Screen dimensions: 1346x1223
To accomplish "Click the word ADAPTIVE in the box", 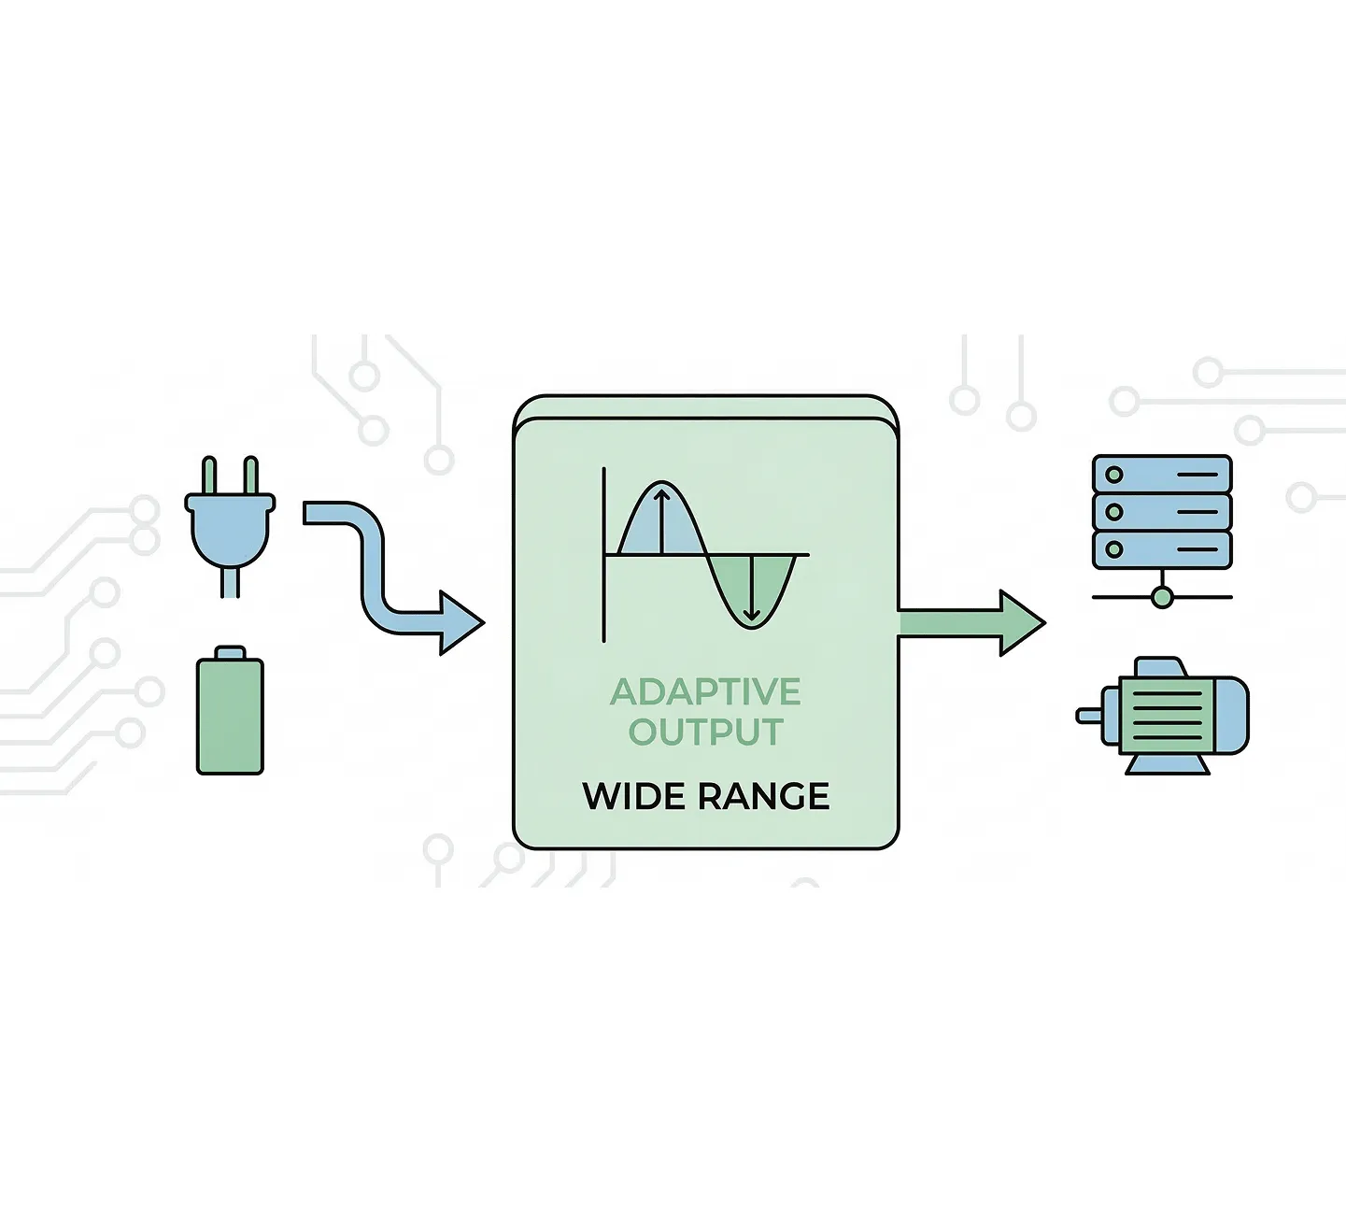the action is click(x=705, y=691).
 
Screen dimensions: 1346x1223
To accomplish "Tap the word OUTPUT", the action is click(x=706, y=731).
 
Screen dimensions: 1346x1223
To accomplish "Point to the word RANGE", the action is click(x=763, y=796).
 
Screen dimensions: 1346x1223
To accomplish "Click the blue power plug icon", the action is click(x=230, y=526).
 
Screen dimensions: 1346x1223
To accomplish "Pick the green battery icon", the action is click(x=230, y=710).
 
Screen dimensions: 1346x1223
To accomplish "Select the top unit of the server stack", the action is click(x=1162, y=474).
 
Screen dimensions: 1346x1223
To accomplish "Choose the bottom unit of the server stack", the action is click(x=1162, y=549).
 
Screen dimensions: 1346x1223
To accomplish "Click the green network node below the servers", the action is click(x=1162, y=597).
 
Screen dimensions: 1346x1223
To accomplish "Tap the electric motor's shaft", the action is click(x=1089, y=716).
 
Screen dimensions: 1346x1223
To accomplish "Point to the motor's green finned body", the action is click(x=1166, y=715).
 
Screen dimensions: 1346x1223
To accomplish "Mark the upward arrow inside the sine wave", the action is click(x=661, y=521).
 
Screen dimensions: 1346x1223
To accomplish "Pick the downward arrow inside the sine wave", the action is click(x=752, y=588).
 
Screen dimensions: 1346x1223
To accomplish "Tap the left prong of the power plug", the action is click(x=209, y=476).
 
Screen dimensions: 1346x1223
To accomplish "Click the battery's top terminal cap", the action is click(x=230, y=653).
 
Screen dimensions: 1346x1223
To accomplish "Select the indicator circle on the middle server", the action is click(x=1114, y=512).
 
